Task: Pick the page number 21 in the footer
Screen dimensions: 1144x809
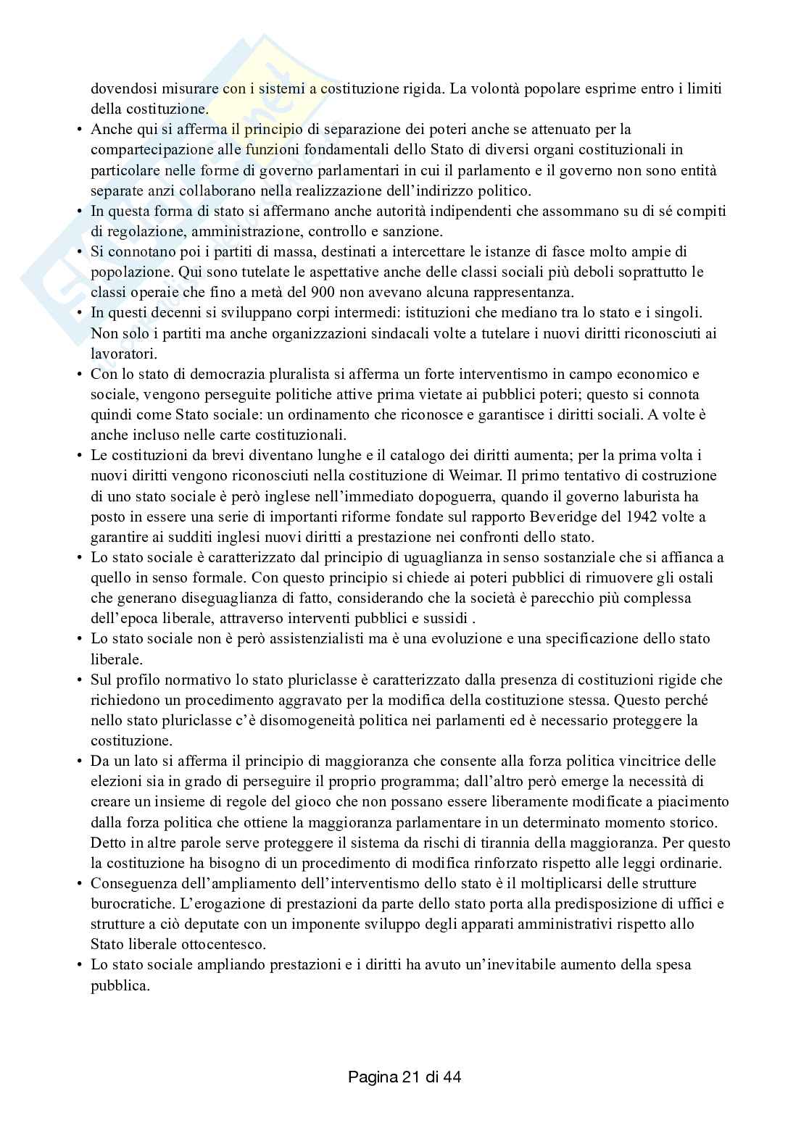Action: pyautogui.click(x=408, y=1077)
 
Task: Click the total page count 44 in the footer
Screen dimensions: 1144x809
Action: pyautogui.click(x=452, y=1077)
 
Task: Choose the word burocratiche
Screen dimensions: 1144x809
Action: pyautogui.click(x=131, y=904)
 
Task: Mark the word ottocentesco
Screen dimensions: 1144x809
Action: pyautogui.click(x=224, y=945)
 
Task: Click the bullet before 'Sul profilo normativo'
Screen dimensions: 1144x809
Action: pyautogui.click(x=80, y=680)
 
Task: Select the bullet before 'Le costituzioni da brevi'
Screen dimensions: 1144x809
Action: pyautogui.click(x=80, y=456)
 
